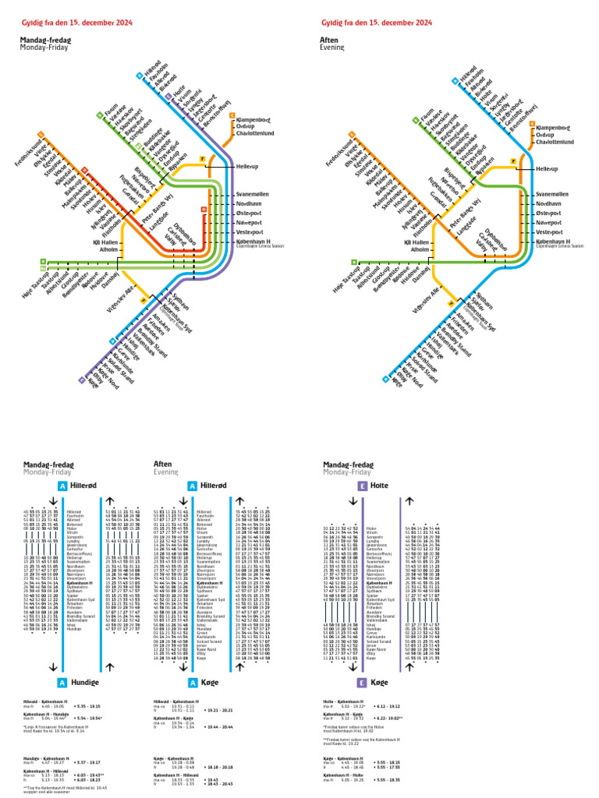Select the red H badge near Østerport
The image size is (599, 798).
204,210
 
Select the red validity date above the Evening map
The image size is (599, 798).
376,23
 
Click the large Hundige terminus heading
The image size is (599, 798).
85,683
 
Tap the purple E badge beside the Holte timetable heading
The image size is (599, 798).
362,486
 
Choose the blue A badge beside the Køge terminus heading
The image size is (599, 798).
192,683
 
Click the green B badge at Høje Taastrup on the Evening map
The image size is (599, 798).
354,262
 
